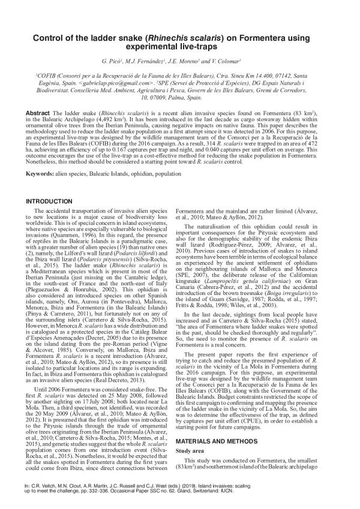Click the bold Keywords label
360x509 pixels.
pos(41,174)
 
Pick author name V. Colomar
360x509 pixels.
pos(224,62)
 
